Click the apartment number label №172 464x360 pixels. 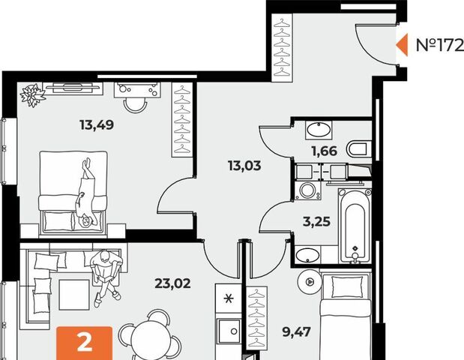[440, 45]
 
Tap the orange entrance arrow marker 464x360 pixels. [403, 45]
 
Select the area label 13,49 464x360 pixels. [97, 125]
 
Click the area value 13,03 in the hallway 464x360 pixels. [244, 166]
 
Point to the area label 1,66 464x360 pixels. [325, 151]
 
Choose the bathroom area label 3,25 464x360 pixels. [316, 221]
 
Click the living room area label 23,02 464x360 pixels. [173, 283]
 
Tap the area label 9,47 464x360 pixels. [297, 332]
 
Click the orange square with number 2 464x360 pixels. [85, 343]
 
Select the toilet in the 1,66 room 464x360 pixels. [358, 148]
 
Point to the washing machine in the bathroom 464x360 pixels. [308, 190]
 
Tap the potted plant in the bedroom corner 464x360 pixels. [32, 94]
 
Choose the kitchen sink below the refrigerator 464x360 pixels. [229, 331]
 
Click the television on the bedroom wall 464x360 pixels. [73, 87]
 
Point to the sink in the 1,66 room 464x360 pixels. [319, 130]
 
